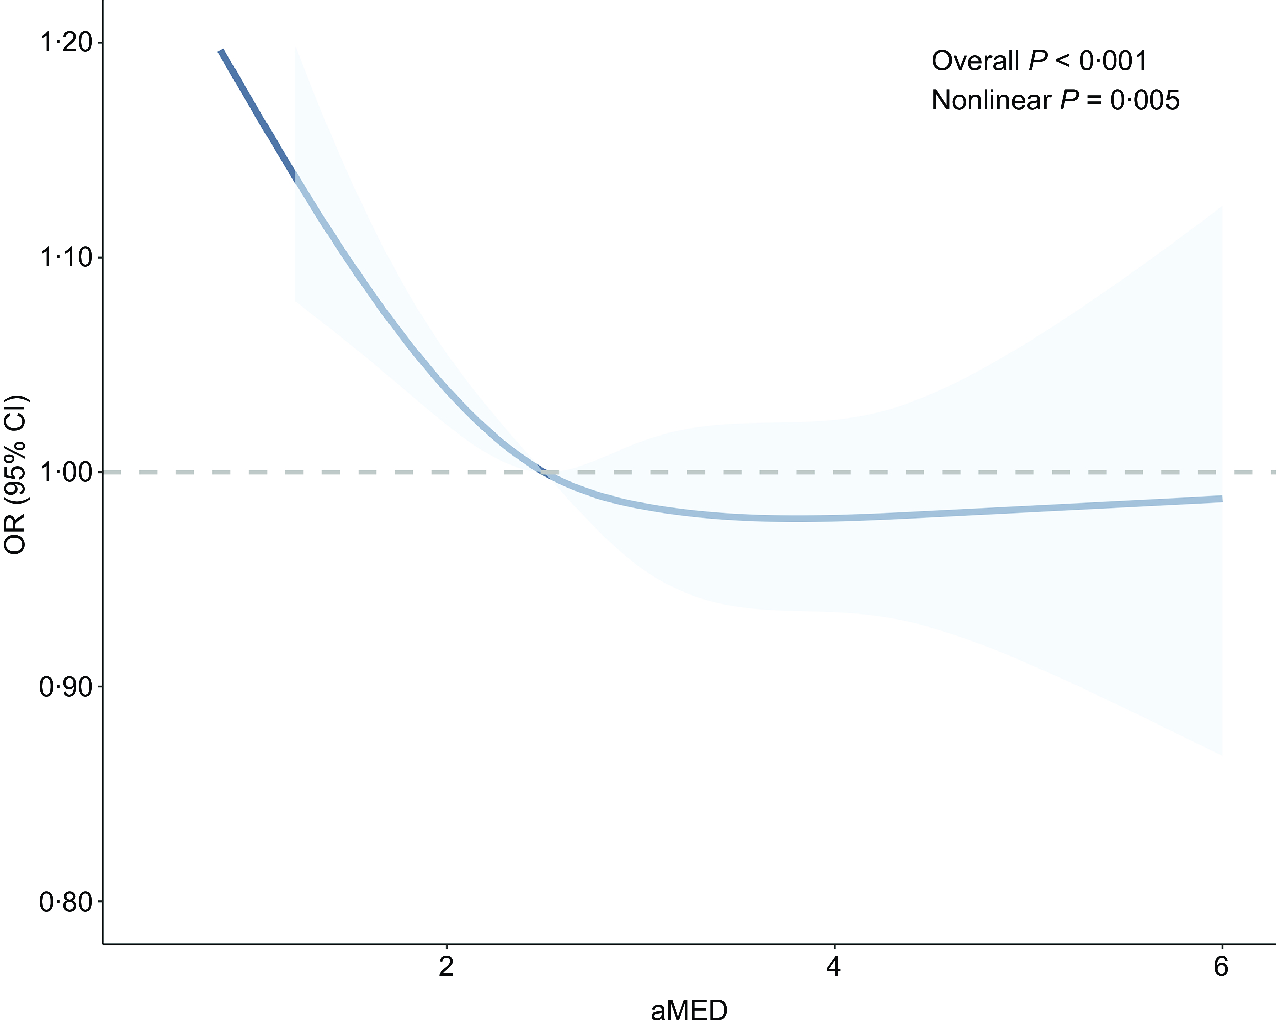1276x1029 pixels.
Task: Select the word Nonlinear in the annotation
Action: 991,101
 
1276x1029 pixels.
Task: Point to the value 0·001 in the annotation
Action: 1113,61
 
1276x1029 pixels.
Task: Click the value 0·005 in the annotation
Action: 1145,101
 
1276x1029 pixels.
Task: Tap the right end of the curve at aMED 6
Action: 1221,499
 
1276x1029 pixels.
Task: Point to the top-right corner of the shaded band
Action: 1221,207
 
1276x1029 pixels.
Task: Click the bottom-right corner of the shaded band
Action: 1221,754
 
